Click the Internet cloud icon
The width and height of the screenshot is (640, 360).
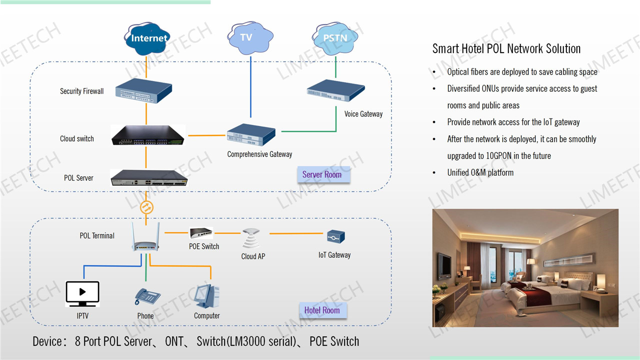pos(148,38)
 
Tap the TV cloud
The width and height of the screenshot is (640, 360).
pos(250,37)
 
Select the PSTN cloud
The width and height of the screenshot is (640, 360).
pos(335,37)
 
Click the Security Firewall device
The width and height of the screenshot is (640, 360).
pos(144,91)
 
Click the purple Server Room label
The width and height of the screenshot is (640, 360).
pos(322,174)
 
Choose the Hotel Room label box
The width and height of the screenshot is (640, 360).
pos(322,310)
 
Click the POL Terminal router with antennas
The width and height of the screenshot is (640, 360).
pos(145,237)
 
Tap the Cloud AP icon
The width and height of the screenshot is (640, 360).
pos(251,239)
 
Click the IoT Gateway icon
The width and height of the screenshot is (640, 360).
pos(336,237)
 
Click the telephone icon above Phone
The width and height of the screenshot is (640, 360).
pos(147,297)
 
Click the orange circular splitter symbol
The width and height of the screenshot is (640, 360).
pos(146,207)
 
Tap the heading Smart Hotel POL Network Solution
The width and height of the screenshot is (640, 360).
pos(506,48)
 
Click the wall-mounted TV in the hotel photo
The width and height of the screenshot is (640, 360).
pos(443,265)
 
